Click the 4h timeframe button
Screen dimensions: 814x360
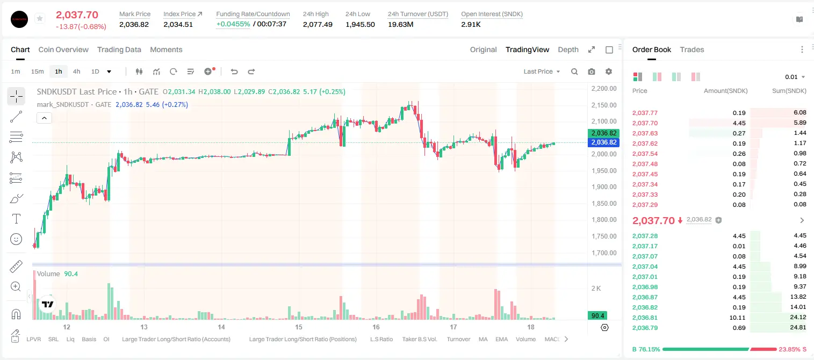click(x=76, y=71)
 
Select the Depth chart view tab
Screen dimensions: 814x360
click(x=568, y=49)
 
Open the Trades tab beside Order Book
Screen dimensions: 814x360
click(x=692, y=49)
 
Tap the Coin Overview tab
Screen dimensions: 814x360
click(x=63, y=49)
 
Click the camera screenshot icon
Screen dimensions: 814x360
click(x=592, y=71)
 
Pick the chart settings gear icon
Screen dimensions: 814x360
click(x=609, y=71)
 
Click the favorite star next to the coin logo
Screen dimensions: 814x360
click(x=40, y=18)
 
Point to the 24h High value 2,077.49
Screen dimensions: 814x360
click(x=318, y=24)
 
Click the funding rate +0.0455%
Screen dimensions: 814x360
click(x=233, y=24)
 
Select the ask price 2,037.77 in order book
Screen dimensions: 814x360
click(x=645, y=113)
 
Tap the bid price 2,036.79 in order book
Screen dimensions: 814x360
click(x=645, y=328)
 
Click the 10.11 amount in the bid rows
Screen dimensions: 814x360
click(x=737, y=318)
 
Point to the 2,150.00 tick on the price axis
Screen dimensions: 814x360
click(x=604, y=105)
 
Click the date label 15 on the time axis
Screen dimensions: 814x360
click(x=298, y=327)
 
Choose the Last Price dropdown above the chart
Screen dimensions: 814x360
click(x=542, y=71)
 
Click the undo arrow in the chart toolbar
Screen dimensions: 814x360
click(x=234, y=71)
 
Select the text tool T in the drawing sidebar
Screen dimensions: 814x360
click(x=16, y=219)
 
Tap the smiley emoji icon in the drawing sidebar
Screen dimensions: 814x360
click(x=16, y=239)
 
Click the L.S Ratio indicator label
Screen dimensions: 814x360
click(x=381, y=339)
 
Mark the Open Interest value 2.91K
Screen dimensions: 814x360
click(x=471, y=24)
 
